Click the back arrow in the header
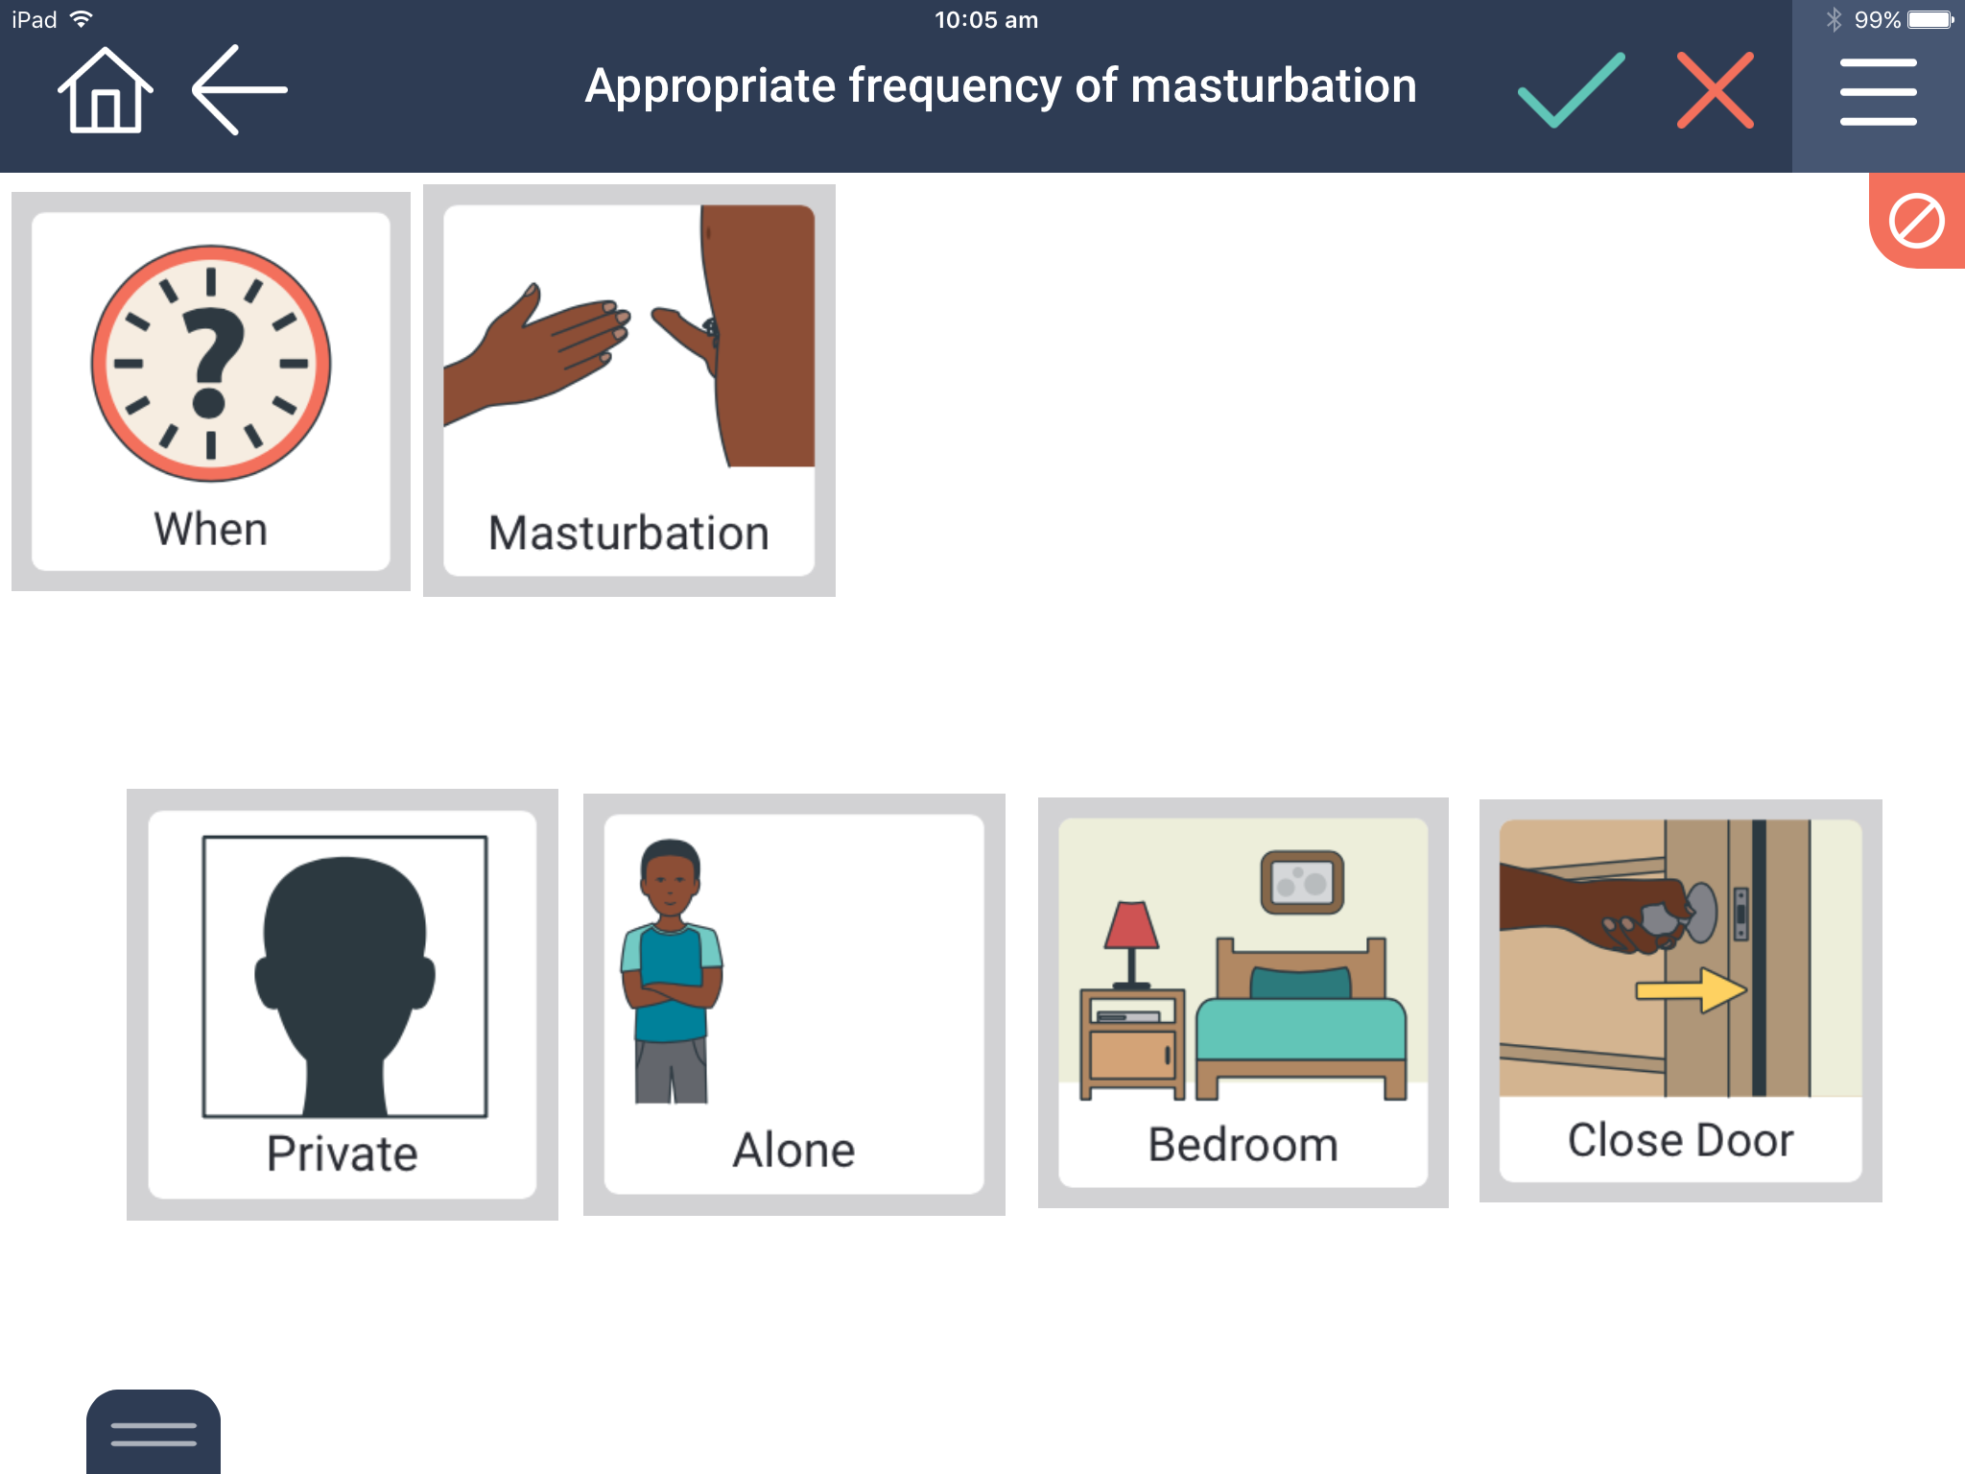coord(240,89)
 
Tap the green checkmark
coord(1571,90)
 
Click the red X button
coord(1716,90)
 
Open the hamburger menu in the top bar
coord(1878,92)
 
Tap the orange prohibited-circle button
coord(1917,221)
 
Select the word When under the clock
coord(211,529)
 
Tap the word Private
coord(343,1153)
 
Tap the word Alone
coord(793,1150)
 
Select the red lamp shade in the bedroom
coord(1131,924)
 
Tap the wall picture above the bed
coord(1302,882)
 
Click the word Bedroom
coord(1243,1144)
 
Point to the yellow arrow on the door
coord(1692,990)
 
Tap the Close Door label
coord(1680,1140)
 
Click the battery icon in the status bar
coord(1930,20)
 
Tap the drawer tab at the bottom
coord(154,1432)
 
